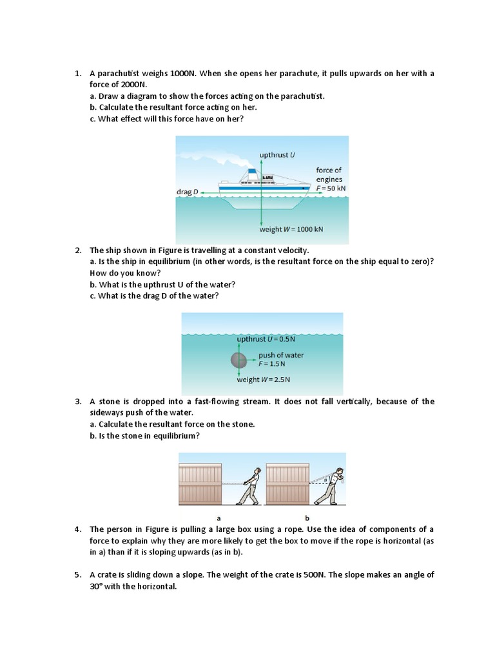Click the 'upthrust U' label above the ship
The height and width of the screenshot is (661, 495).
coord(277,155)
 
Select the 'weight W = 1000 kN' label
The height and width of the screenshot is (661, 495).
coord(291,229)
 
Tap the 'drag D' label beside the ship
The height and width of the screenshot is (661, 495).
coord(188,192)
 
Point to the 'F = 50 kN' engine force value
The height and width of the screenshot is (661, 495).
coord(331,188)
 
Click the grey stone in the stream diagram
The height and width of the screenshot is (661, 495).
coord(238,360)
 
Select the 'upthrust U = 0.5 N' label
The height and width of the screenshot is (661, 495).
coord(266,339)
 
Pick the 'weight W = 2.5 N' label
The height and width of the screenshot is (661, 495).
coord(264,380)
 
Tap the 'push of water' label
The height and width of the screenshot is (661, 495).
coord(281,355)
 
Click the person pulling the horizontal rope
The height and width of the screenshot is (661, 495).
coord(248,486)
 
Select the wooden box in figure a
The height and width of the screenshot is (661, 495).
coord(200,484)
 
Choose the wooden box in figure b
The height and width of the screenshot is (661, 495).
coord(286,484)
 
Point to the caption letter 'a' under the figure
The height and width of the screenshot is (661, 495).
coord(218,518)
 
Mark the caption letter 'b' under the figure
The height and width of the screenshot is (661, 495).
coord(307,518)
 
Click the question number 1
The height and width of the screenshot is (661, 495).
coord(77,74)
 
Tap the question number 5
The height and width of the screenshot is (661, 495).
coord(77,575)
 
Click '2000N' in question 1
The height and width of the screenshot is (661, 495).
coord(133,85)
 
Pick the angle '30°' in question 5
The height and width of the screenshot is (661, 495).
coord(97,587)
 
